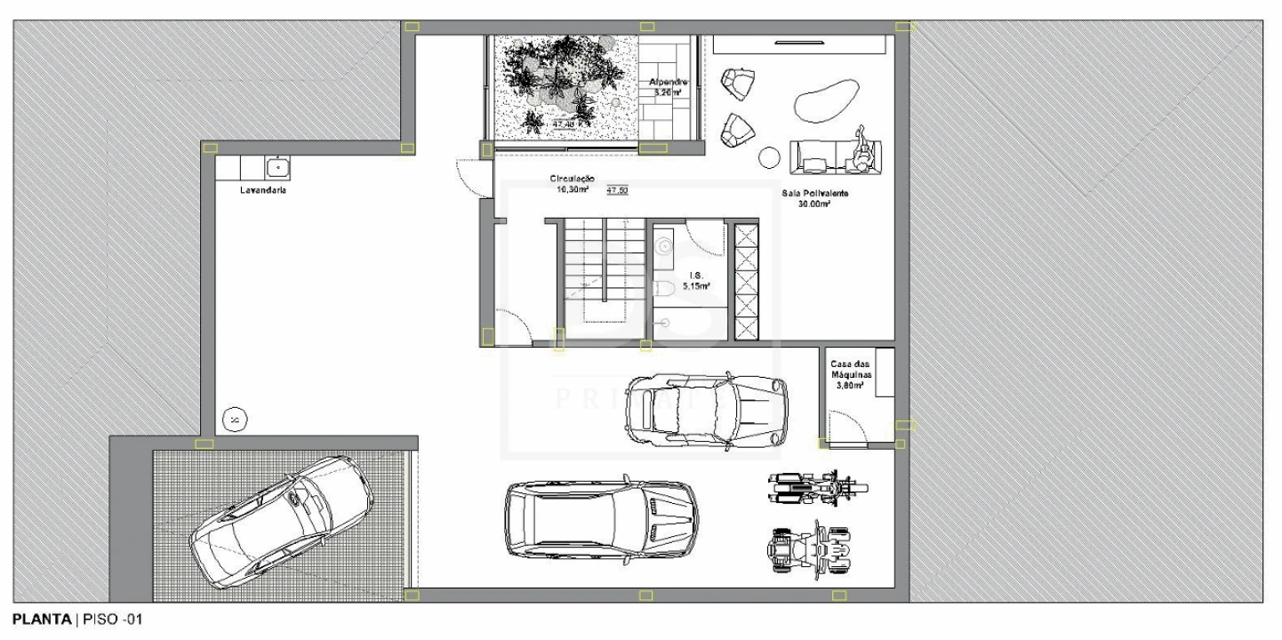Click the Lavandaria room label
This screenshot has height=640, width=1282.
[261, 190]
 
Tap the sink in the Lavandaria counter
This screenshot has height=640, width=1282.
[278, 166]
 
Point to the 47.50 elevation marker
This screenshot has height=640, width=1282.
[617, 190]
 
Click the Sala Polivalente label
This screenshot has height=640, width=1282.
[814, 194]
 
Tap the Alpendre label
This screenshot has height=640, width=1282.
[668, 83]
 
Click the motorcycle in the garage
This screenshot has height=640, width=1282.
[816, 487]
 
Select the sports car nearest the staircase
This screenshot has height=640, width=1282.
[706, 407]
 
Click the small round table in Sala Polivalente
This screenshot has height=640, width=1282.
[769, 157]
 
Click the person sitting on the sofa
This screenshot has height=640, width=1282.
[861, 152]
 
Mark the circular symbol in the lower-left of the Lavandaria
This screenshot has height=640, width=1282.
[235, 418]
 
